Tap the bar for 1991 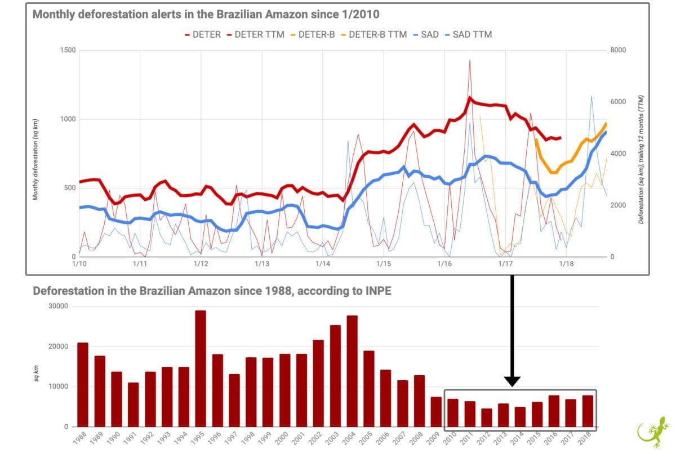tap(133, 404)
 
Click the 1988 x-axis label tap(81, 438)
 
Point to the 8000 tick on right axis tap(617, 51)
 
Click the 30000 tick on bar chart tap(56, 307)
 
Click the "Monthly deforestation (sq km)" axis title tap(36, 159)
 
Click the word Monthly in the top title tap(54, 14)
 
